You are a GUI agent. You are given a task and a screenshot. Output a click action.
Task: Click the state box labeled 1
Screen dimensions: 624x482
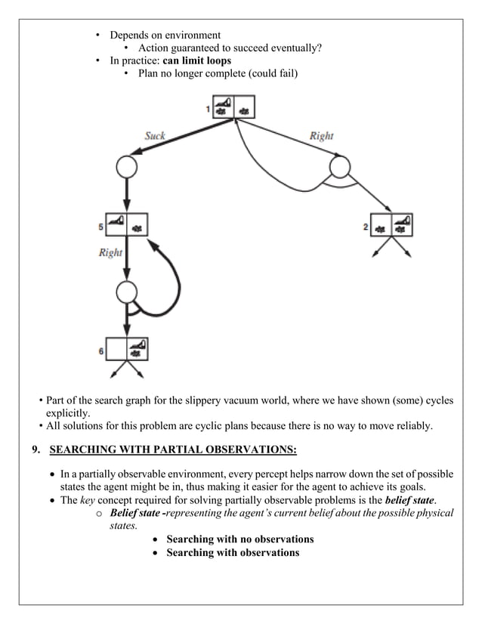[x=234, y=107]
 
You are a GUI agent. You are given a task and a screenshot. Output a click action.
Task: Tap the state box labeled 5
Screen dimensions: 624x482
[x=126, y=224]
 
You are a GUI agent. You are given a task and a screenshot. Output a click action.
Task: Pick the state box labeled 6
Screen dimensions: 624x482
[x=126, y=348]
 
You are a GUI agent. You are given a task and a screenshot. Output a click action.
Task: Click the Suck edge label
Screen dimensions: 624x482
[x=155, y=136]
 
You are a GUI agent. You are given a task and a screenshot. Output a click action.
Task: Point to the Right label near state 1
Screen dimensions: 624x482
[x=321, y=136]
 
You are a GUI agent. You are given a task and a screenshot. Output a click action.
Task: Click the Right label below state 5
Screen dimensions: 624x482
[x=110, y=252]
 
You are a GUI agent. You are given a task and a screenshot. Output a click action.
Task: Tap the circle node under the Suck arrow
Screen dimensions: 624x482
[x=126, y=166]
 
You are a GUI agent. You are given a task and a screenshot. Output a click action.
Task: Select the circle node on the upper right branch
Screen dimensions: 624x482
[x=339, y=166]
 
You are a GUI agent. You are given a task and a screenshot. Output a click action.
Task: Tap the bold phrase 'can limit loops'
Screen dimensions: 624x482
[x=197, y=60]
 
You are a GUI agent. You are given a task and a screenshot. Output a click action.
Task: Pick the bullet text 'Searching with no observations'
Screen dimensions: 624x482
[x=239, y=539]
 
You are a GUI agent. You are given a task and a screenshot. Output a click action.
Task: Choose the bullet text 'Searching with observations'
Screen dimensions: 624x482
[x=232, y=552]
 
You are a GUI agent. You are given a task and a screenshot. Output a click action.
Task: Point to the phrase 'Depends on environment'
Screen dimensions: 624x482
[x=165, y=36]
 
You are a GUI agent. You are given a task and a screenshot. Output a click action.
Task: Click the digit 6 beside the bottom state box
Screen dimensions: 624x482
[x=101, y=351]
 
